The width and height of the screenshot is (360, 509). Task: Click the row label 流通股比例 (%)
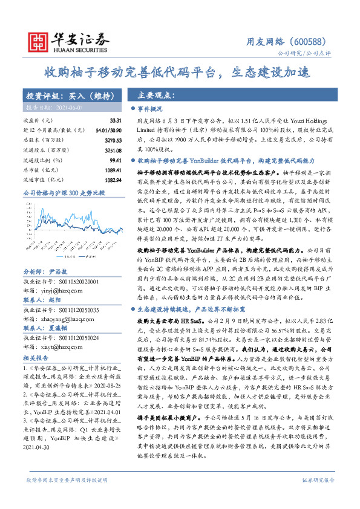[42, 160]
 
